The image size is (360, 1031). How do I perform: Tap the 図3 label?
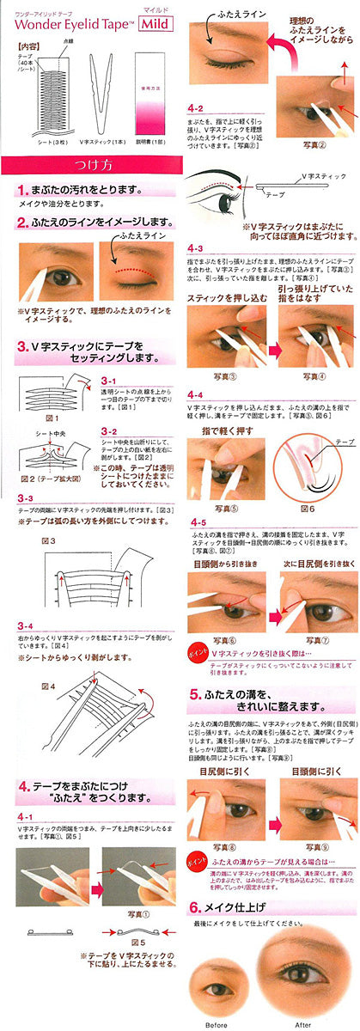click(x=48, y=541)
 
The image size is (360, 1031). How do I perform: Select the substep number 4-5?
click(x=198, y=522)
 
